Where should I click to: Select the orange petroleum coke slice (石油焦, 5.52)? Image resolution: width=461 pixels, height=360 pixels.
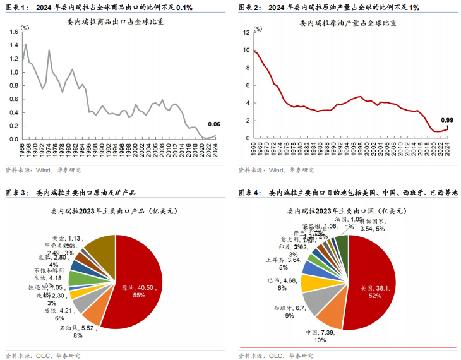tap(93, 309)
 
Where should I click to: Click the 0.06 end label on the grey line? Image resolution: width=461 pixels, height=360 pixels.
tap(215, 124)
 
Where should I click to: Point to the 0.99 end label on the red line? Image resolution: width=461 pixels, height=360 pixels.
tap(447, 120)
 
